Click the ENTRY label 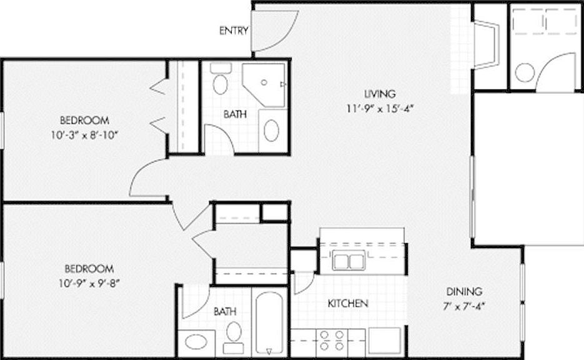234,31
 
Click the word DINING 464,291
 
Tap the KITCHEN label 348,304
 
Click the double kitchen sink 349,261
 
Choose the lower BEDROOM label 89,269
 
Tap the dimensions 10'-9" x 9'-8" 89,282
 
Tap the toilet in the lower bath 234,331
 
